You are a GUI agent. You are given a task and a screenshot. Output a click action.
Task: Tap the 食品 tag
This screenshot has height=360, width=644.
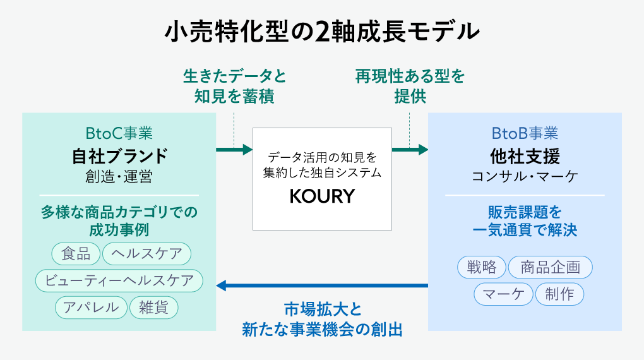coord(76,254)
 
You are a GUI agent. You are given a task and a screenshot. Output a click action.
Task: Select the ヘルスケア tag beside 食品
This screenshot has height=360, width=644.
coord(146,254)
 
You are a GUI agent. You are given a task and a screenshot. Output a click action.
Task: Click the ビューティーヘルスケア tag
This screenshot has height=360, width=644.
coord(119,281)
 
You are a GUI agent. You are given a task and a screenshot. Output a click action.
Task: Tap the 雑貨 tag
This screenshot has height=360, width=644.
coord(153,308)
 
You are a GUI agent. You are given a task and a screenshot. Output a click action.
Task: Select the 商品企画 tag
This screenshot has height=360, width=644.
coord(550,267)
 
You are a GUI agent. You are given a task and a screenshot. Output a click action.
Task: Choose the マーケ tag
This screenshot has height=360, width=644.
coord(503,294)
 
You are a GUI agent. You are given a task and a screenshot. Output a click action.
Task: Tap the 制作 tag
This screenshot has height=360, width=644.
coord(559,294)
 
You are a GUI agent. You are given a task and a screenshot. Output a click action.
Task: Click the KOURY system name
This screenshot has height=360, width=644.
coord(322,196)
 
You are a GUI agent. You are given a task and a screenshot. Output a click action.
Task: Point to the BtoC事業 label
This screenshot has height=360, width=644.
coord(119,133)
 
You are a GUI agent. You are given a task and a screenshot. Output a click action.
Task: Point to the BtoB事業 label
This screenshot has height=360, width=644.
coord(525,133)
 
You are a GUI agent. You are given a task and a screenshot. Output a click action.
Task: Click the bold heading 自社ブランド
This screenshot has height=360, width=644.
coord(119,155)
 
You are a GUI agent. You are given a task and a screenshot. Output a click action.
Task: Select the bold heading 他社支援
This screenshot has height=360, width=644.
coord(525,155)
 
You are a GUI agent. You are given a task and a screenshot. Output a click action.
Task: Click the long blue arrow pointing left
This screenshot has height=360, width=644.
coord(322,286)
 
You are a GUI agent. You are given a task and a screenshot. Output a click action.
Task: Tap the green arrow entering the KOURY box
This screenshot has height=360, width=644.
coord(234,150)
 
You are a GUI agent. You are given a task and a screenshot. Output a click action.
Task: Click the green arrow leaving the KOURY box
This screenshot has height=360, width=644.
coord(410,150)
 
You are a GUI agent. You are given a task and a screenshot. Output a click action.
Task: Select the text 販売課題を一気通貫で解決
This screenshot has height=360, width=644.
coord(525,220)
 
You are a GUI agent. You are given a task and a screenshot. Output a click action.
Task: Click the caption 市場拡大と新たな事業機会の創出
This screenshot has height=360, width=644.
coord(322,320)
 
